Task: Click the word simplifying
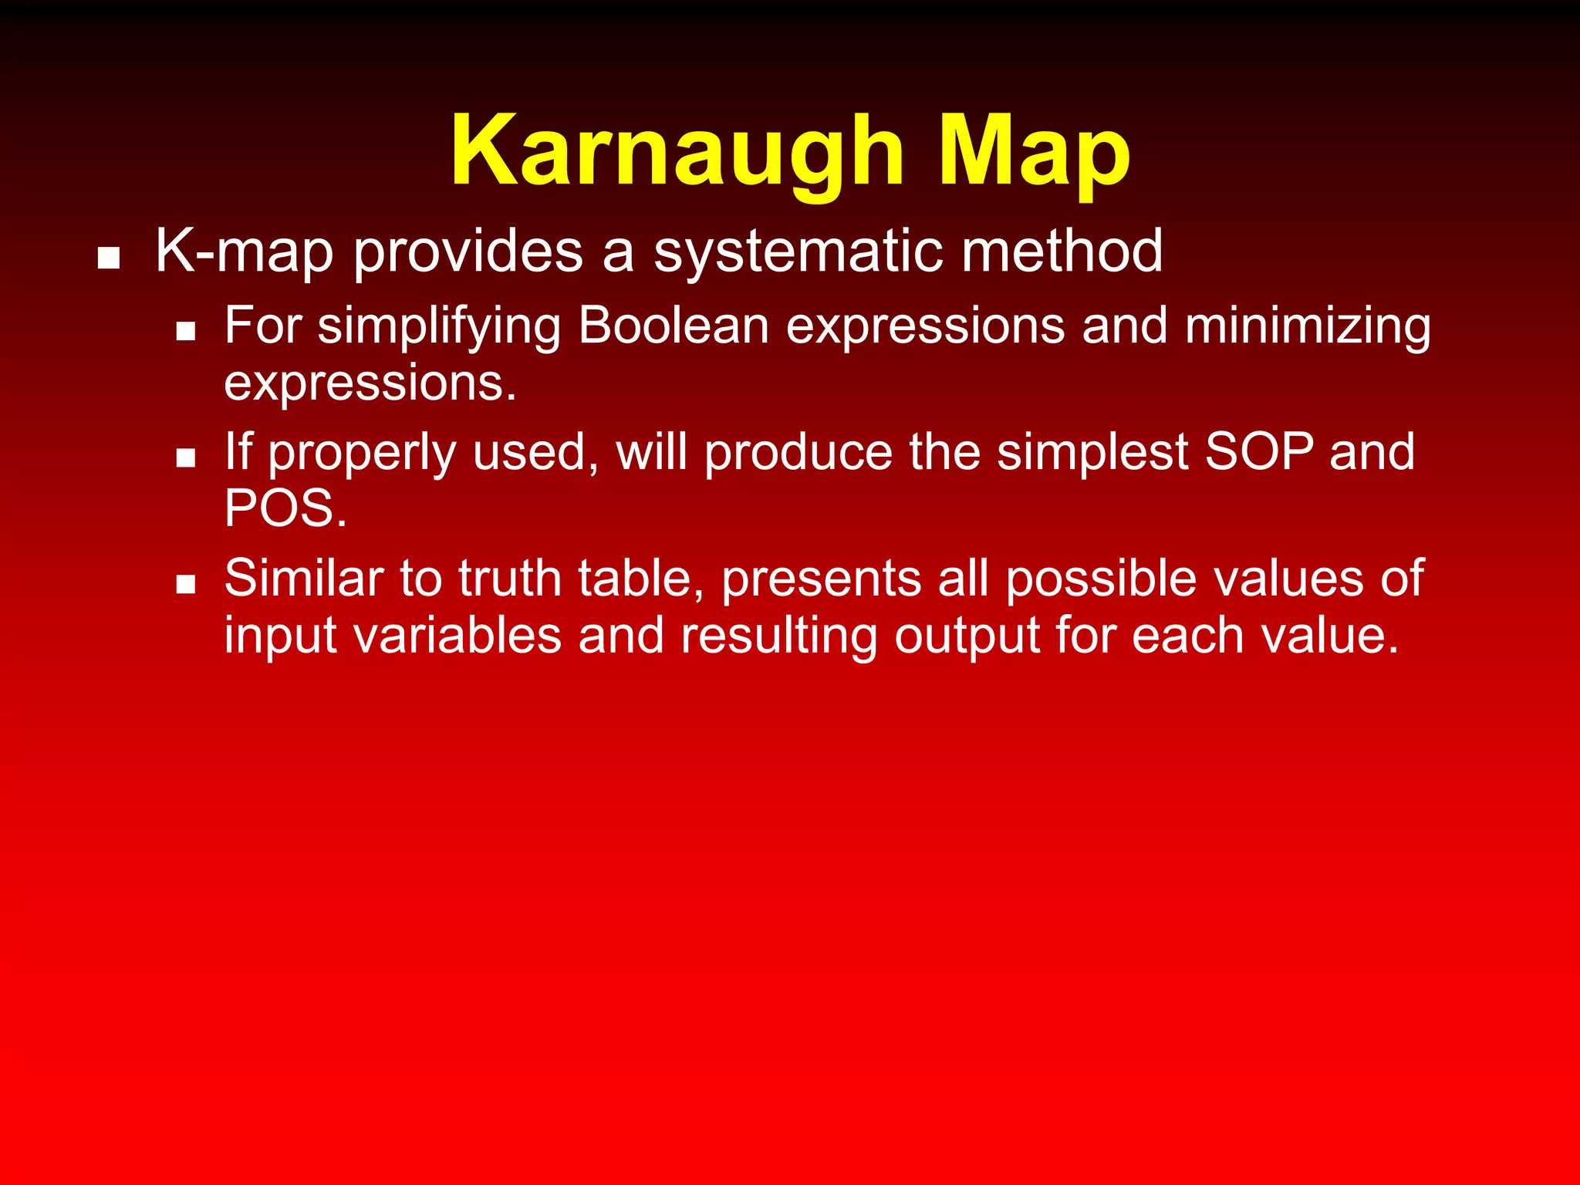pyautogui.click(x=439, y=327)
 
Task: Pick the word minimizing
pyautogui.click(x=1308, y=327)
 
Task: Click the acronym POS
pyautogui.click(x=285, y=508)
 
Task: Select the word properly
pyautogui.click(x=362, y=454)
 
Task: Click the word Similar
pyautogui.click(x=304, y=578)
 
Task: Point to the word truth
pyautogui.click(x=510, y=578)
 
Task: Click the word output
pyautogui.click(x=967, y=637)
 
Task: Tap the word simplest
pyautogui.click(x=1092, y=454)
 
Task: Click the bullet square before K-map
pyautogui.click(x=109, y=258)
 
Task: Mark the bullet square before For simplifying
pyautogui.click(x=185, y=332)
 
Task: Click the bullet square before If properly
pyautogui.click(x=185, y=458)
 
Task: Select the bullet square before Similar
pyautogui.click(x=185, y=584)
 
